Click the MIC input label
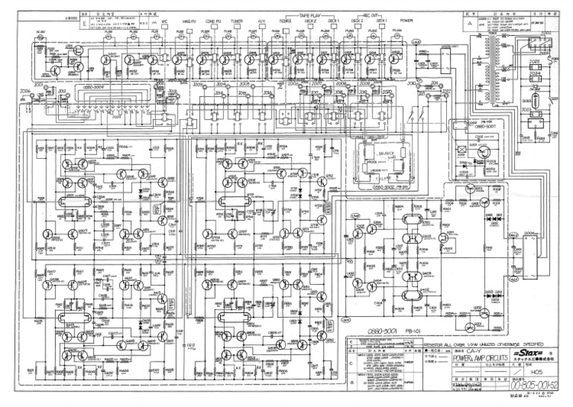click(165, 22)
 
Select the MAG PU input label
click(190, 22)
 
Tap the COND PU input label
click(214, 22)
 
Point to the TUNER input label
click(237, 22)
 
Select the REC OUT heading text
click(367, 16)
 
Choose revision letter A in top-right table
click(469, 23)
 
